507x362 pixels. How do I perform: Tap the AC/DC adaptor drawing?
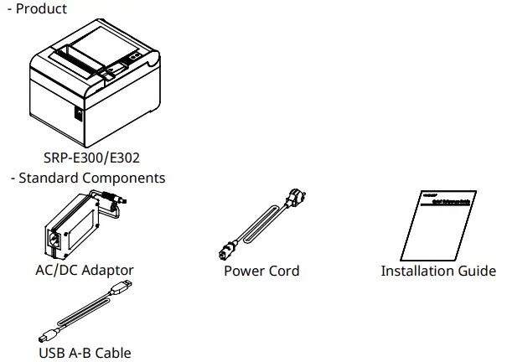83,223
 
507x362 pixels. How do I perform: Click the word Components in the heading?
124,178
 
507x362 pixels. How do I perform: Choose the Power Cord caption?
261,271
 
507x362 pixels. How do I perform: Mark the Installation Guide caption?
437,271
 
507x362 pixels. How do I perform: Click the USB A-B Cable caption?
85,353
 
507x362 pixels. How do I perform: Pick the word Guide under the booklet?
476,271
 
